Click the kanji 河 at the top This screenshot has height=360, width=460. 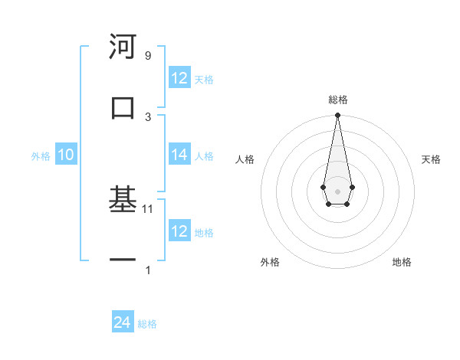123,47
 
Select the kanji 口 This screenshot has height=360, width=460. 123,107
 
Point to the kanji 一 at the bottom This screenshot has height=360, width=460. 123,261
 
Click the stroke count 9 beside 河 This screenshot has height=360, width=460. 147,56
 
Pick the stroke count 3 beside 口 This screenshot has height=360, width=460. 148,116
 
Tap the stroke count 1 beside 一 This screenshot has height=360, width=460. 148,270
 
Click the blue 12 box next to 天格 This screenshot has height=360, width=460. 179,78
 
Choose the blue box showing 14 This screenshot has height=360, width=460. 179,155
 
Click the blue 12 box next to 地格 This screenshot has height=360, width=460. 179,231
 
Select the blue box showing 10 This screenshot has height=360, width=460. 66,155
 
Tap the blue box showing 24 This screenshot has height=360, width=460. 123,323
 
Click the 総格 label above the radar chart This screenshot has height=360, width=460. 337,100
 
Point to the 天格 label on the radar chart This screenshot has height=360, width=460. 431,159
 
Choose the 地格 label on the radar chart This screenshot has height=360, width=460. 402,262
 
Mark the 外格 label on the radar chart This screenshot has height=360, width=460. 270,262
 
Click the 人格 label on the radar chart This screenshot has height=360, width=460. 245,159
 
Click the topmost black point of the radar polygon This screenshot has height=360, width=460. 337,116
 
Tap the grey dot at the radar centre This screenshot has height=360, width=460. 337,191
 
